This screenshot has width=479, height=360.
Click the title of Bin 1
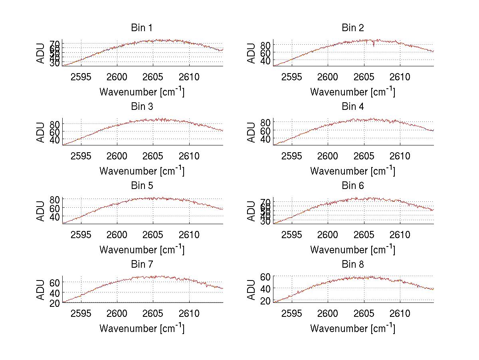142,28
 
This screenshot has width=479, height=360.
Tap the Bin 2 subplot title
352,28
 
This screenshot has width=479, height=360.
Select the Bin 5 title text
142,186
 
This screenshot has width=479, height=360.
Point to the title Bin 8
352,265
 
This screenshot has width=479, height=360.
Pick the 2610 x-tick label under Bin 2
400,77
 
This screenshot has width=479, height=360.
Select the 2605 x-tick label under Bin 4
364,156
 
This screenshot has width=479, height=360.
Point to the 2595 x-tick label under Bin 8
291,314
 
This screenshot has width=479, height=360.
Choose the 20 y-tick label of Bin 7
55,303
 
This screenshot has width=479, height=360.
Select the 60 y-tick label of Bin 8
265,276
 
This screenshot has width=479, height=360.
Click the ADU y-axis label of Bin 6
251,211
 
